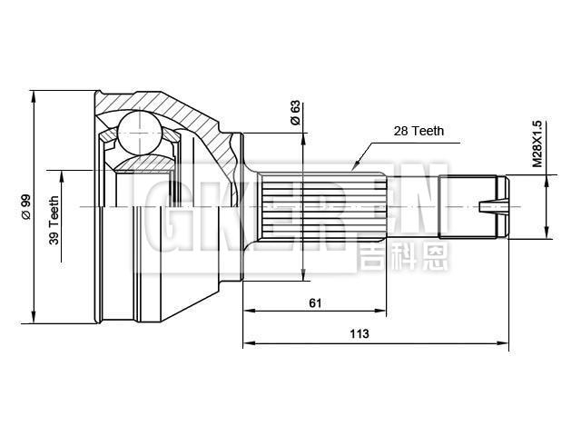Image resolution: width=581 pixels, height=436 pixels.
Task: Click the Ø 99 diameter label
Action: click(26, 207)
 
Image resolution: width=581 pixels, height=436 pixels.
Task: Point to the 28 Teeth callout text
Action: click(419, 131)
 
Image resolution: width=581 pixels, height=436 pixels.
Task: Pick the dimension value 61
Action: click(315, 303)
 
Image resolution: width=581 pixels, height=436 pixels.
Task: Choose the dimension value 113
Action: click(360, 333)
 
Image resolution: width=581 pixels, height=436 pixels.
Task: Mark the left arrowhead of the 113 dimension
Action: click(248, 344)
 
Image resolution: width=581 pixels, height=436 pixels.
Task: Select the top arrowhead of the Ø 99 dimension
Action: click(33, 94)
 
